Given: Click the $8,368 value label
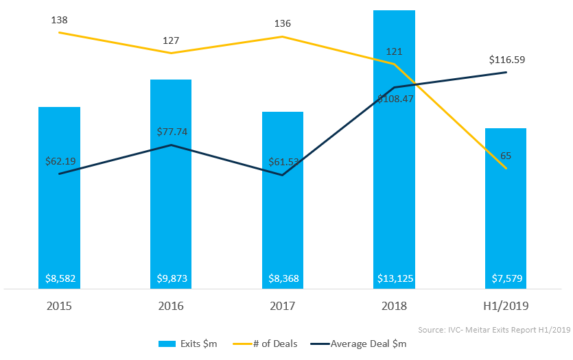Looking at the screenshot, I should [283, 279].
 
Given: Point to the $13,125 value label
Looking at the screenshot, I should [395, 279].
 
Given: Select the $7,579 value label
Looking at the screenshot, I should [506, 279].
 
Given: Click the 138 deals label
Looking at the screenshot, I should [59, 20].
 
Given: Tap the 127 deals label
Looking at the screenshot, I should [171, 40].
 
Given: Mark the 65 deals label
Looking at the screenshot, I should [506, 156].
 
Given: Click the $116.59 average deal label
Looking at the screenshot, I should [506, 60].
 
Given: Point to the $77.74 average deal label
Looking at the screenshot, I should [171, 132].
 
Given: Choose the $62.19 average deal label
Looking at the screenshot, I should [60, 162].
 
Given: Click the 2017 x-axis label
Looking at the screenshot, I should [283, 305].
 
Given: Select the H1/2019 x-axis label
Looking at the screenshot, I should [506, 305].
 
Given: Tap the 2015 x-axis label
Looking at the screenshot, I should [59, 305].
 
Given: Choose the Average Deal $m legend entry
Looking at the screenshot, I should [361, 344].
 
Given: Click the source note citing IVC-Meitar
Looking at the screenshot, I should [494, 329].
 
